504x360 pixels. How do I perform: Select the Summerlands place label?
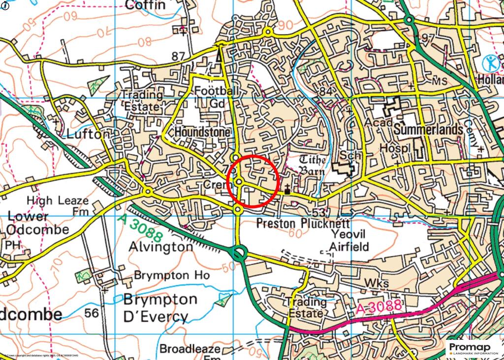tap(428, 130)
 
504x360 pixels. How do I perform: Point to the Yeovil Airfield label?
tap(348, 240)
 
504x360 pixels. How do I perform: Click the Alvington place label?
tap(160, 247)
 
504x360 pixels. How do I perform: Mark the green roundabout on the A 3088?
tap(239, 254)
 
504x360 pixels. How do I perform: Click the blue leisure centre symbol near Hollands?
tap(490, 63)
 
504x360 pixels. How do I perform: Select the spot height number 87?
tap(178, 56)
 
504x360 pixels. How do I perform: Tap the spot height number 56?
tap(91, 313)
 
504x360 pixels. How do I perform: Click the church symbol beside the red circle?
tap(287, 188)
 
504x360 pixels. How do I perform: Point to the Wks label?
tap(377, 283)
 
